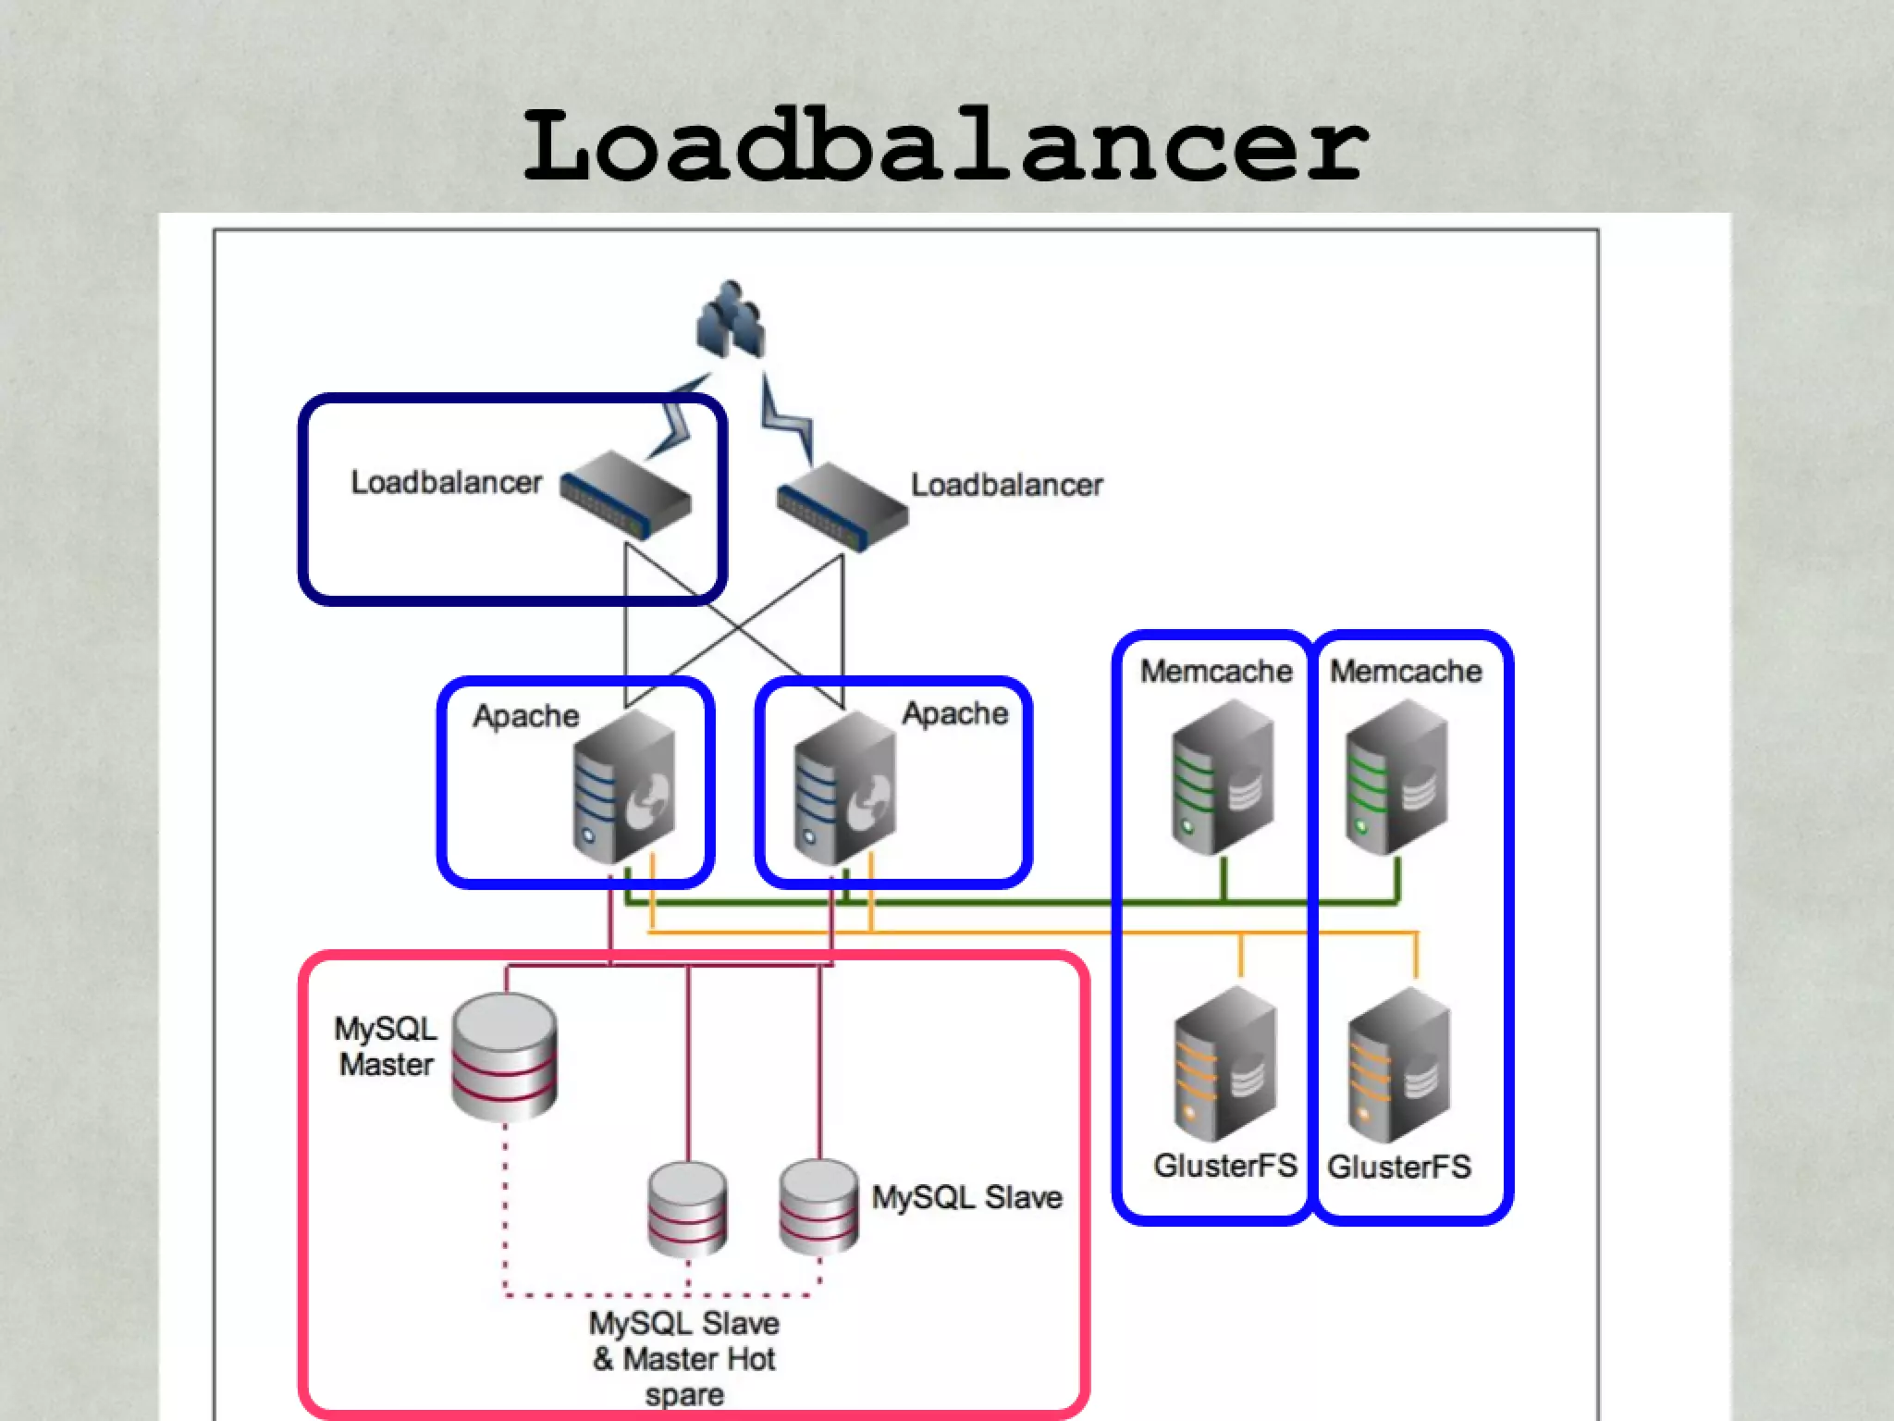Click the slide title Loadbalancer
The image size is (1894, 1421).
pyautogui.click(x=945, y=145)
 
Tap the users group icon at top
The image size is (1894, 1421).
pyautogui.click(x=731, y=319)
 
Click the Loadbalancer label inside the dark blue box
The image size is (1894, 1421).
pyautogui.click(x=446, y=483)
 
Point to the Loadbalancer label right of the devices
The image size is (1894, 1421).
pyautogui.click(x=1006, y=485)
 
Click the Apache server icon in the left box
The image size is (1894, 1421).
pyautogui.click(x=624, y=786)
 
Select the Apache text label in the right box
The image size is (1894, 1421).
pyautogui.click(x=954, y=713)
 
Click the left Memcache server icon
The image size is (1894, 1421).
pyautogui.click(x=1223, y=777)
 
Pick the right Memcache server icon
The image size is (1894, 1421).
pyautogui.click(x=1396, y=777)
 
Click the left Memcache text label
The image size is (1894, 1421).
pyautogui.click(x=1215, y=671)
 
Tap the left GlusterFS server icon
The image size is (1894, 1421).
pyautogui.click(x=1225, y=1064)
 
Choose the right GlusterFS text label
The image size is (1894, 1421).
pyautogui.click(x=1398, y=1167)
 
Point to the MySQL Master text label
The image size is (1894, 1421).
pyautogui.click(x=386, y=1046)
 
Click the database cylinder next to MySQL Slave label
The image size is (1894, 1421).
pyautogui.click(x=818, y=1206)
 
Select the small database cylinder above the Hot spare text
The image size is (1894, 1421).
pyautogui.click(x=687, y=1208)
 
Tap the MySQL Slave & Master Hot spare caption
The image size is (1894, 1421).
pyautogui.click(x=684, y=1358)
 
